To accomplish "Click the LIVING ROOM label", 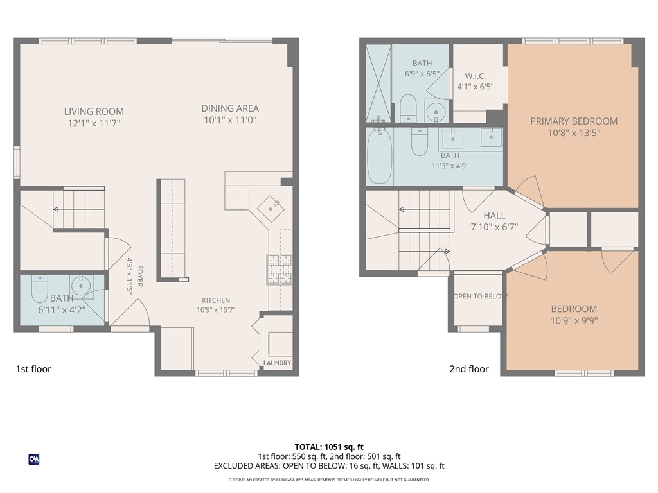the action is (94, 112).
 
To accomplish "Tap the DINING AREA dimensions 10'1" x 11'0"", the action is (230, 120).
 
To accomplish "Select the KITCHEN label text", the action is (216, 300).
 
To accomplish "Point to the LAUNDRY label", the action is (278, 363).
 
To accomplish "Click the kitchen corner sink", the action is (271, 208).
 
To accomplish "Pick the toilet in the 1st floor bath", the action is (40, 289).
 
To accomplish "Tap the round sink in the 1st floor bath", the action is (80, 286).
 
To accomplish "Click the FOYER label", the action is (139, 276).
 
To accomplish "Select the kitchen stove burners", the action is (280, 269).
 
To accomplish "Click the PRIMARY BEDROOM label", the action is (574, 121).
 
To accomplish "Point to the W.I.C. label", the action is (476, 76).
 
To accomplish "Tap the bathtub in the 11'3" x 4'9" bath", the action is (380, 157).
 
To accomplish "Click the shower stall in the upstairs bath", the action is (378, 83).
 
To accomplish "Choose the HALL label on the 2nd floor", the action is (494, 216).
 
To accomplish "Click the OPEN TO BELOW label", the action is (480, 297).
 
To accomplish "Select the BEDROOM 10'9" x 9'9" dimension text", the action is (574, 321).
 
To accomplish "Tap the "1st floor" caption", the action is (33, 369).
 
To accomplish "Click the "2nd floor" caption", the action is (469, 369).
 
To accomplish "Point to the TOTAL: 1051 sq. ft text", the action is (329, 447).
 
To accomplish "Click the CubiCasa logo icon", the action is (34, 460).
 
